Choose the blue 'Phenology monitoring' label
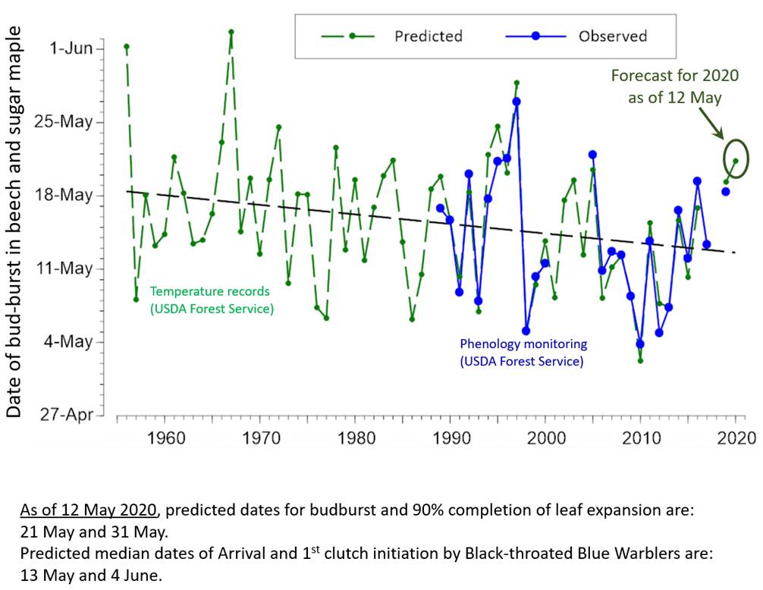(x=523, y=353)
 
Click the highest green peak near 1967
(x=231, y=32)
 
